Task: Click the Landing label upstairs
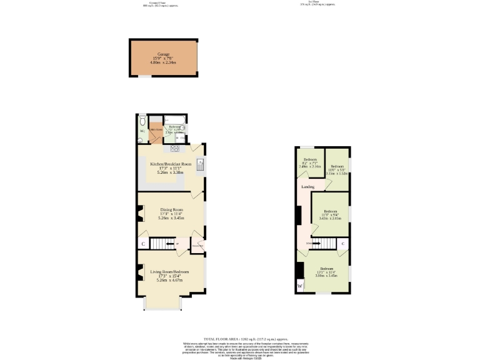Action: tap(307, 186)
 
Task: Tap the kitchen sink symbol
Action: tap(199, 165)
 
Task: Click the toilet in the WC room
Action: tap(142, 120)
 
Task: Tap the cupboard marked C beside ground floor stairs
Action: tap(143, 244)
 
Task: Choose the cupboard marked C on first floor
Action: tap(343, 243)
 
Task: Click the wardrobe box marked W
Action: tap(300, 286)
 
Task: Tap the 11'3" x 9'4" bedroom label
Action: tap(329, 214)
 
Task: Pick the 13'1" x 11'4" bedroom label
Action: tap(326, 272)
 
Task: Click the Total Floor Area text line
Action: tap(239, 339)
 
